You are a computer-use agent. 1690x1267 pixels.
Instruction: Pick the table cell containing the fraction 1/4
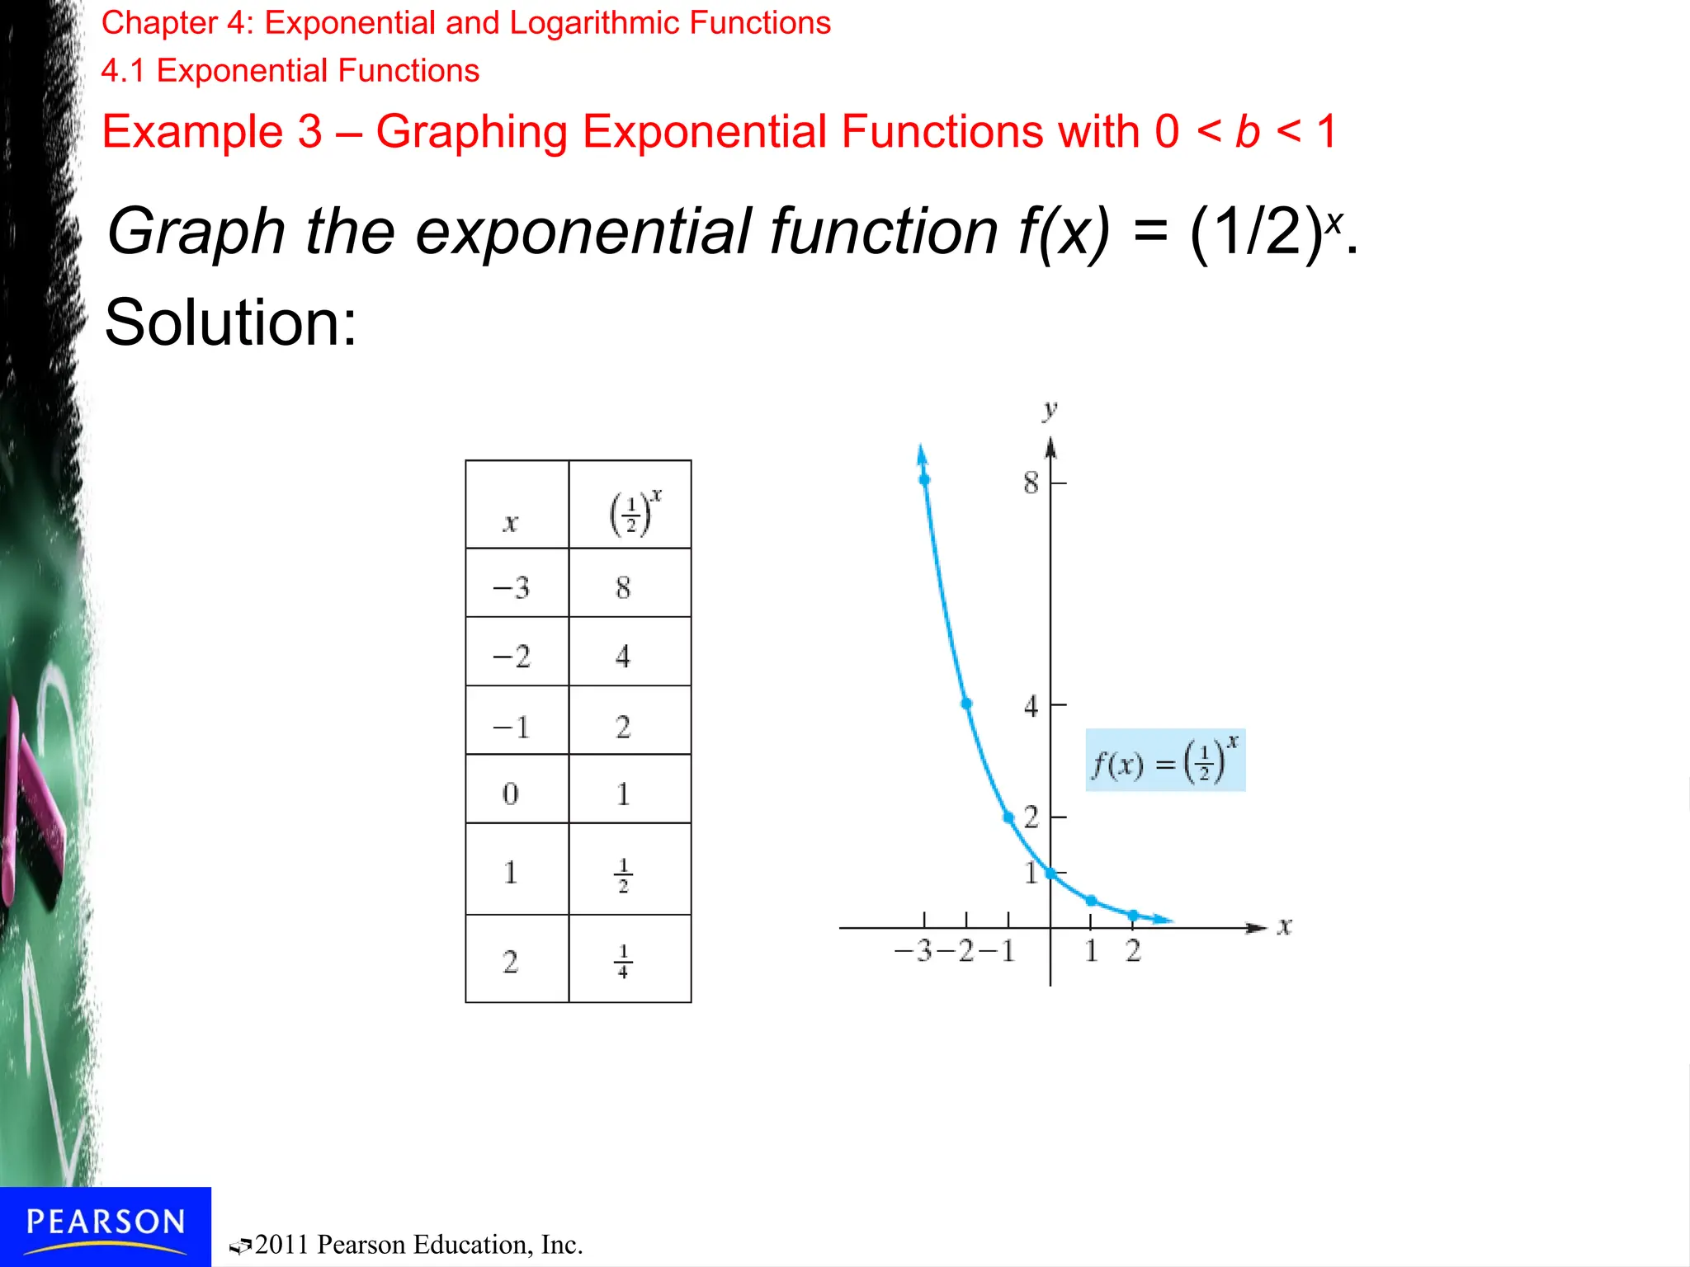[629, 958]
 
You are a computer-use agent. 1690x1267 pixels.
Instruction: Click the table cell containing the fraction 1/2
[629, 869]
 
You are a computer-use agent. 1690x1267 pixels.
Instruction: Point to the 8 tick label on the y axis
[1031, 483]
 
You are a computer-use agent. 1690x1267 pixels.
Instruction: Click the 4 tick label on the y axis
[1031, 707]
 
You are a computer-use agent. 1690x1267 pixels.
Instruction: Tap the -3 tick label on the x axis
[914, 952]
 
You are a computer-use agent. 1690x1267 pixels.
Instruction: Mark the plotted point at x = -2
[966, 704]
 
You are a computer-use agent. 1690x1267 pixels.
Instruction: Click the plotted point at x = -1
[1008, 817]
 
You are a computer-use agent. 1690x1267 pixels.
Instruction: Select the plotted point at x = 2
[1133, 915]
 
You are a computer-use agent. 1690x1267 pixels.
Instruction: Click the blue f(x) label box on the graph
[1164, 761]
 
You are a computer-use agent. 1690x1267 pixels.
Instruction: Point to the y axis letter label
[1050, 410]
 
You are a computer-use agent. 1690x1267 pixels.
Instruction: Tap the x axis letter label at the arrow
[1284, 927]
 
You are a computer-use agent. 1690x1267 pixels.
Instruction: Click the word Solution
[230, 323]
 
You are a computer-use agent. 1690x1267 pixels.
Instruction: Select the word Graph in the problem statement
[196, 233]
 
